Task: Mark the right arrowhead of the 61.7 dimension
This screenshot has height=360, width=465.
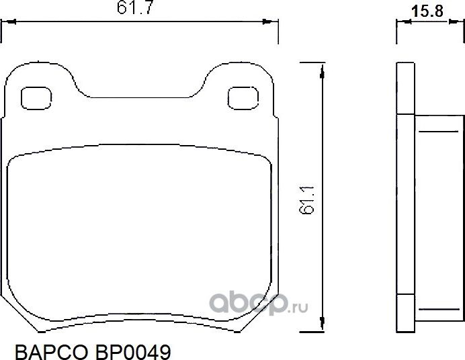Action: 269,22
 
